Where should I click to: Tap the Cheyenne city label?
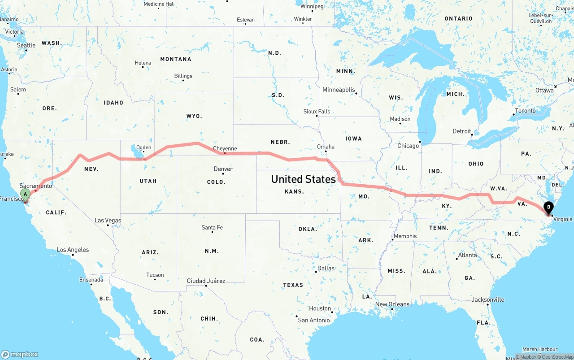(225, 148)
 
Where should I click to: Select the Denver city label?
(223, 169)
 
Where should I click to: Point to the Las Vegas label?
(108, 220)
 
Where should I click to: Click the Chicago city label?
(408, 146)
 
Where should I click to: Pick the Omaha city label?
(326, 147)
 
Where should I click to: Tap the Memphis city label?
(405, 236)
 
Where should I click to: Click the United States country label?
(303, 179)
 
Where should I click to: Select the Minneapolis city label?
(339, 90)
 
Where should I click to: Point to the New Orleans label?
(392, 304)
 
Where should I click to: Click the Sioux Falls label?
(317, 111)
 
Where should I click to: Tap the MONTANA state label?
(176, 59)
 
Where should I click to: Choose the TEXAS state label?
(293, 285)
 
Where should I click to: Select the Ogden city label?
(143, 147)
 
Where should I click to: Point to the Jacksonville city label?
(488, 299)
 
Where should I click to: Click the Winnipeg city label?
(312, 7)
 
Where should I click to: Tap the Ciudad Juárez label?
(206, 281)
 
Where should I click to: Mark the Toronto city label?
(525, 111)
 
